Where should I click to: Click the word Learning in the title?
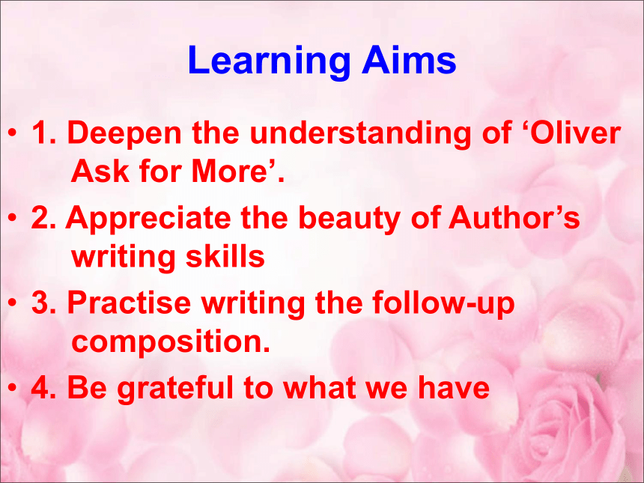pyautogui.click(x=269, y=61)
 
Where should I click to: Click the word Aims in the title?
pyautogui.click(x=409, y=60)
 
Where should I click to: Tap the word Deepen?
pyautogui.click(x=124, y=134)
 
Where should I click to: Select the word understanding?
pyautogui.click(x=360, y=134)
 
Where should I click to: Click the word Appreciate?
pyautogui.click(x=148, y=218)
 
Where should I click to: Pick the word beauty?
pyautogui.click(x=349, y=218)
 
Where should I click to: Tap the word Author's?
pyautogui.click(x=514, y=217)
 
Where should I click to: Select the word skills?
pyautogui.click(x=225, y=256)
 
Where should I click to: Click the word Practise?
pyautogui.click(x=129, y=303)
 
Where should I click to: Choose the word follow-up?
pyautogui.click(x=443, y=303)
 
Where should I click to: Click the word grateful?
pyautogui.click(x=174, y=388)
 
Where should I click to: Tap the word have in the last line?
pyautogui.click(x=454, y=387)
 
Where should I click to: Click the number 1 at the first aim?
pyautogui.click(x=40, y=133)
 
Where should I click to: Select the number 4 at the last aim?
pyautogui.click(x=40, y=387)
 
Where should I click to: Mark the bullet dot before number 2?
pyautogui.click(x=13, y=218)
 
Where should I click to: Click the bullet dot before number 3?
pyautogui.click(x=13, y=303)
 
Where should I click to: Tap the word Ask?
pyautogui.click(x=100, y=171)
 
